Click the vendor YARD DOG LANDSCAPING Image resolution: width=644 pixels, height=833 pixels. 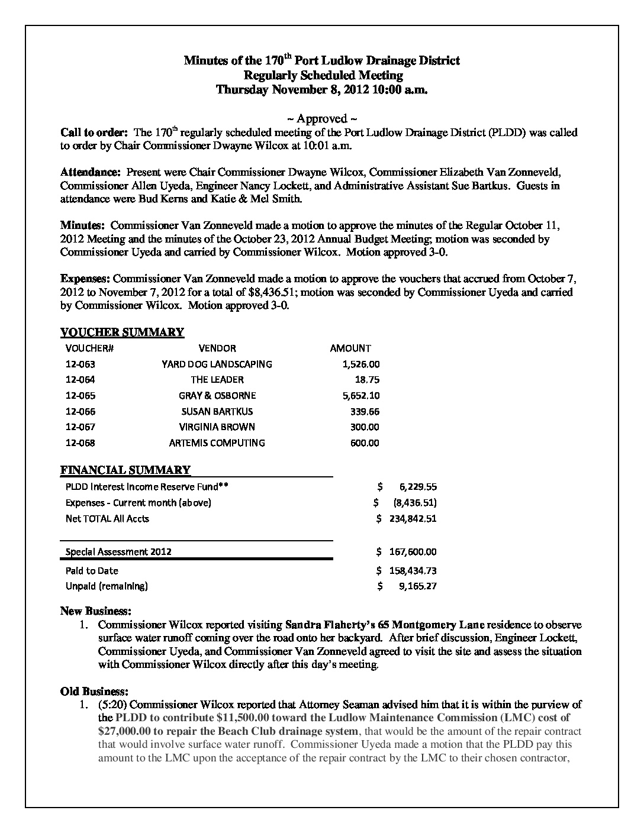(217, 364)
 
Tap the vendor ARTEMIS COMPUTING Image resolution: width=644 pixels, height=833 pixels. (217, 443)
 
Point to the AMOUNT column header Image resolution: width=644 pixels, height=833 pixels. (350, 348)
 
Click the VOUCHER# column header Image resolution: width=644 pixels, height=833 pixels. (89, 348)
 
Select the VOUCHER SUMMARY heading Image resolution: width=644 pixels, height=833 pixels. (123, 332)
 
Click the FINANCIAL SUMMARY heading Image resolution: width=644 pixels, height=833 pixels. (125, 470)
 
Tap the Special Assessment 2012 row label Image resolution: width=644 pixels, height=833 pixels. (118, 552)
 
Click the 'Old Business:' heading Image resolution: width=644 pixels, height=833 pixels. (94, 691)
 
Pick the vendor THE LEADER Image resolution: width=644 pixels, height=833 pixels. (217, 380)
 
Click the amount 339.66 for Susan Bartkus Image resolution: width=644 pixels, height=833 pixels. (365, 411)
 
